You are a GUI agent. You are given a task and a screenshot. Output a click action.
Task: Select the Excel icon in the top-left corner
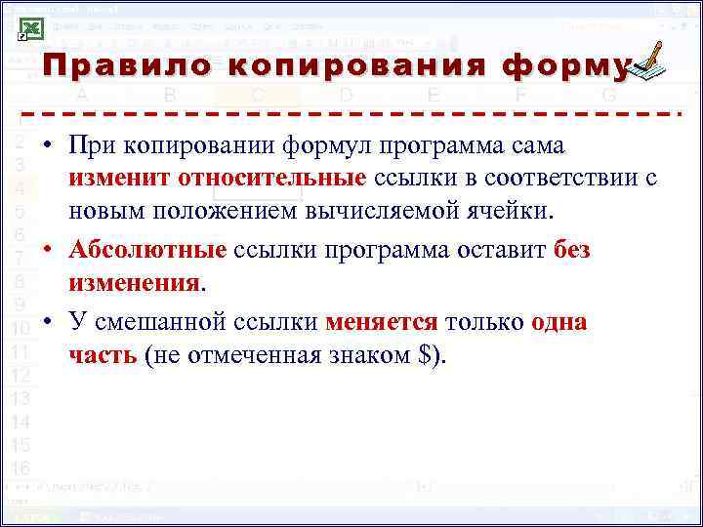[29, 28]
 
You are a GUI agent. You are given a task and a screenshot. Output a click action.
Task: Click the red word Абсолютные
[147, 250]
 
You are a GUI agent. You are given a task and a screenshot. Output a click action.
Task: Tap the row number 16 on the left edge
[21, 467]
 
